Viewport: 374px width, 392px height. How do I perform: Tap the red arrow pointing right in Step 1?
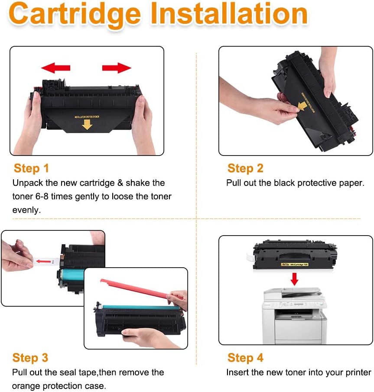coord(117,68)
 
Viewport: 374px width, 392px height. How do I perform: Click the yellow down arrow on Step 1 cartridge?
coord(88,125)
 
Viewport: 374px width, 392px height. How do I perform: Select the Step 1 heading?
coord(31,168)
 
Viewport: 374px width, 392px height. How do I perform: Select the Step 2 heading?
coord(245,168)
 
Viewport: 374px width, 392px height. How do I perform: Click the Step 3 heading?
coord(30,358)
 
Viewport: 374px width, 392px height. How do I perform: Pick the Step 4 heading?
coord(245,358)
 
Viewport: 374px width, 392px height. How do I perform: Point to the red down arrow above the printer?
coord(295,279)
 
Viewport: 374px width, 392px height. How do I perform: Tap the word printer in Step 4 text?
coord(355,373)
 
